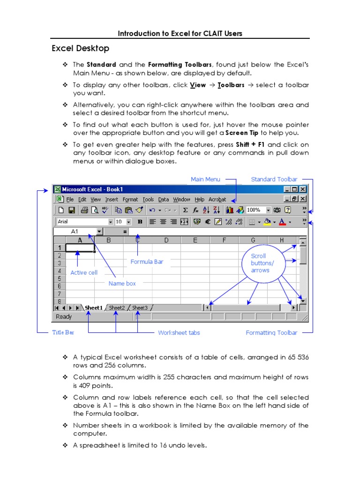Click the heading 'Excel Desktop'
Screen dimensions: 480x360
tap(80, 48)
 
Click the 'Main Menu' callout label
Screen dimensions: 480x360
tap(205, 179)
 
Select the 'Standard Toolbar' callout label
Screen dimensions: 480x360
tap(274, 179)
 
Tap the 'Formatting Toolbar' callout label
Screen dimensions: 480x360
tap(271, 333)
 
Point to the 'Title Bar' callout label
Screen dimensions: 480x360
tap(63, 332)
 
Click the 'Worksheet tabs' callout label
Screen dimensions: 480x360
tap(179, 333)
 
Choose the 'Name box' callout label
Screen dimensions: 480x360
tap(122, 283)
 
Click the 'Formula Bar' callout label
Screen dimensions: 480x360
tap(147, 262)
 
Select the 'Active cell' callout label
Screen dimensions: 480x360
tap(84, 272)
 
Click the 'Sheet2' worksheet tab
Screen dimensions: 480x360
tap(117, 308)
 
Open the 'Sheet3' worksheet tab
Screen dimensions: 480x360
tap(140, 308)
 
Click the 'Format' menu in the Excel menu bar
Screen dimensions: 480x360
tap(130, 199)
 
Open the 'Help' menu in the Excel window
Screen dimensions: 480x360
tap(200, 199)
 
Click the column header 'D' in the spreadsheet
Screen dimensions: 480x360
tap(166, 240)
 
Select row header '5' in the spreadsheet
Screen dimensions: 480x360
tap(59, 278)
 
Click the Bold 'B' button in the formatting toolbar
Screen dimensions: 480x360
tap(140, 222)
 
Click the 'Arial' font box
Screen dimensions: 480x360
tap(82, 222)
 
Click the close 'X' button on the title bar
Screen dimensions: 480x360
tap(303, 189)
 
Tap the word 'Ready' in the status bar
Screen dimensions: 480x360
tap(64, 317)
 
